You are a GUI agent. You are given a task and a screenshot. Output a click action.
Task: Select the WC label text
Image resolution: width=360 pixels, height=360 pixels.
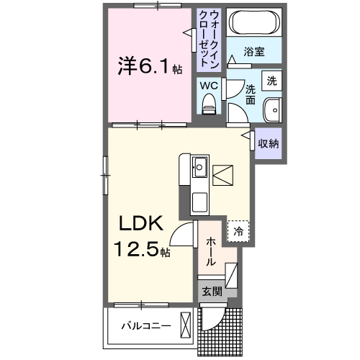[x=209, y=85]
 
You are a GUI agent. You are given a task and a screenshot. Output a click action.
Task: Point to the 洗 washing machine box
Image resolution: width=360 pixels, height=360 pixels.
[x=271, y=81]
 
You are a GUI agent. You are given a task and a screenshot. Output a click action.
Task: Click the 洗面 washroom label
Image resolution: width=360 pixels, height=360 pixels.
[x=251, y=95]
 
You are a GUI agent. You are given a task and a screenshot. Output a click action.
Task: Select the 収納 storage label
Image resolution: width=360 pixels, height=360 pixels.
[x=269, y=143]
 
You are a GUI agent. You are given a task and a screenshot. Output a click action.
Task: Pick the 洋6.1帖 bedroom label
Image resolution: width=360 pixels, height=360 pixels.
[x=150, y=66]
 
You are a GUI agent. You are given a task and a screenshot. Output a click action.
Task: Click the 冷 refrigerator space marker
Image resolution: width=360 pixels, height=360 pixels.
[x=239, y=231]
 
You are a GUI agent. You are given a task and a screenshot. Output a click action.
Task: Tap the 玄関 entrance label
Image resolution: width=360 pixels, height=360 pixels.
[x=212, y=291]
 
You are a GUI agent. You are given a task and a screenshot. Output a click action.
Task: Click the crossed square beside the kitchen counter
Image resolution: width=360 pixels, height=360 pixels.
[x=224, y=175]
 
